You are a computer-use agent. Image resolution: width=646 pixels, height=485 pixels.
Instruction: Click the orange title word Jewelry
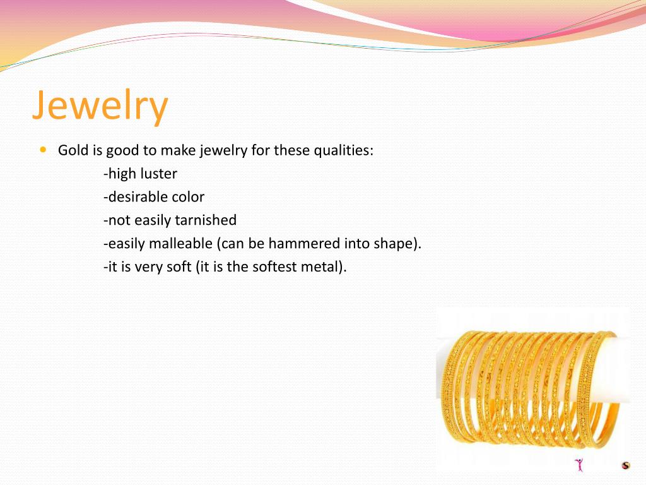[x=100, y=105]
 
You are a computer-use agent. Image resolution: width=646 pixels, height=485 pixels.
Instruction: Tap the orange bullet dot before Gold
[x=44, y=150]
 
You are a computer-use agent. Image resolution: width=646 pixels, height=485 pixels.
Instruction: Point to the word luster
[x=158, y=174]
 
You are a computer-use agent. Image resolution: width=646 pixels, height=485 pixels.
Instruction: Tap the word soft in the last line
[x=179, y=267]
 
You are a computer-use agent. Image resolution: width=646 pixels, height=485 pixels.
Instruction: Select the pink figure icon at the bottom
[x=579, y=464]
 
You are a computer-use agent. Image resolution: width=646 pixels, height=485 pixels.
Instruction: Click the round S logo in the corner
[x=626, y=465]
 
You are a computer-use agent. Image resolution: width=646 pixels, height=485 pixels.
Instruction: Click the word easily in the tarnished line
[x=153, y=220]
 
